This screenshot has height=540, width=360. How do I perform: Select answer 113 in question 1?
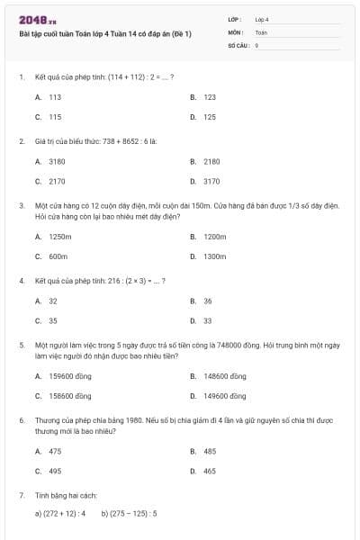click(x=55, y=96)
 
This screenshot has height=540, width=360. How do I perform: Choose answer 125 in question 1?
click(x=210, y=117)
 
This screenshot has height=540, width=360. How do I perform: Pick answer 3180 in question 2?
click(x=57, y=161)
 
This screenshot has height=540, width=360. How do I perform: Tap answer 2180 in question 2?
click(x=211, y=161)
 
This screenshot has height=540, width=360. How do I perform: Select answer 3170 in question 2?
click(x=211, y=182)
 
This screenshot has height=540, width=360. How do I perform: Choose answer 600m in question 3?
click(x=58, y=256)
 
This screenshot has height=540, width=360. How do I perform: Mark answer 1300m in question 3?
click(x=214, y=256)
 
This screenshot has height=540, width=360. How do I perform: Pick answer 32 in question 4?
click(x=53, y=301)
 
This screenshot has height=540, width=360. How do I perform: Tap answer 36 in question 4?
click(x=208, y=301)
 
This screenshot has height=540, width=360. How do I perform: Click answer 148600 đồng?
click(x=224, y=375)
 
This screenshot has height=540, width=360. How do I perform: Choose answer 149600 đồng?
click(x=224, y=396)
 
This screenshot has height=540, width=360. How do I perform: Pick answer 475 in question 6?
click(x=55, y=451)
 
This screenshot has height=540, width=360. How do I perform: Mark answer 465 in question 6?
click(x=210, y=471)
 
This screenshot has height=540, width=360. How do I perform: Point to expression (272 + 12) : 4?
click(x=60, y=514)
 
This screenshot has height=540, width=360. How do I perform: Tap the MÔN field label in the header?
click(x=236, y=31)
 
